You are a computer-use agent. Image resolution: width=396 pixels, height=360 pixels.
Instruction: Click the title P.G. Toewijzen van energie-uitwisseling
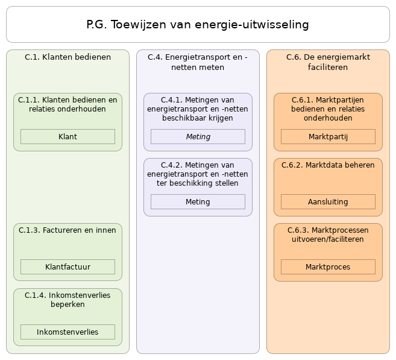tap(198, 25)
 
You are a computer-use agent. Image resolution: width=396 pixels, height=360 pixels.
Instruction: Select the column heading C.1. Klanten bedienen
tap(68, 57)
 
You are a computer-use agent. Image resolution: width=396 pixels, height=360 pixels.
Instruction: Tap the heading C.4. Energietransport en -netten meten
tap(198, 62)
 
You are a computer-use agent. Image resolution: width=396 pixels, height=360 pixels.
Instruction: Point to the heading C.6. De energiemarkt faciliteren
tap(328, 62)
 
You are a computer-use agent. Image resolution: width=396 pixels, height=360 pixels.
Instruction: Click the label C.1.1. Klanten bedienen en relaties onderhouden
tap(68, 104)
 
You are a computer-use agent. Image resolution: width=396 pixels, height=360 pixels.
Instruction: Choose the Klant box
tap(68, 137)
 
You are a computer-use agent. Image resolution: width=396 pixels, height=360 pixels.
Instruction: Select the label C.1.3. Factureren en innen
tap(68, 230)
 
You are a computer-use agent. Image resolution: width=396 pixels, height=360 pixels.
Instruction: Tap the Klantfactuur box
tap(68, 267)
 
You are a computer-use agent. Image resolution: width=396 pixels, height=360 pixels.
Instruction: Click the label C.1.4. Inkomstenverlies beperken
tap(68, 300)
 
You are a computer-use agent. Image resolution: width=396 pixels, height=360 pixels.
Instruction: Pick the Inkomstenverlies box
tap(68, 332)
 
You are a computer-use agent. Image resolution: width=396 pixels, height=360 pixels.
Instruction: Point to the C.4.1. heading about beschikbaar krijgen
tap(198, 109)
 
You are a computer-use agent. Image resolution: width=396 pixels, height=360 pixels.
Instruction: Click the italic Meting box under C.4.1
tap(198, 137)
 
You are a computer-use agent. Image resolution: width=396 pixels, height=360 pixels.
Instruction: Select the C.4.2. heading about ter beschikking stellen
tap(198, 174)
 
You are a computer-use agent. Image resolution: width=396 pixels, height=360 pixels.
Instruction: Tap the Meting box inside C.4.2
tap(198, 202)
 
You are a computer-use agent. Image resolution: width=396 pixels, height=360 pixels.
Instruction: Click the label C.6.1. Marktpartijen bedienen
tap(328, 109)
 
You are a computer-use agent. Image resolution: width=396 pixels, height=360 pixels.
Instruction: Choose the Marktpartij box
tap(328, 137)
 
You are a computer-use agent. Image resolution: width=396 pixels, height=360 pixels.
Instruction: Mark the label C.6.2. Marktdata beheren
tap(328, 165)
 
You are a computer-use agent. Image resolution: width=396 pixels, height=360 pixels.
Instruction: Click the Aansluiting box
tap(328, 202)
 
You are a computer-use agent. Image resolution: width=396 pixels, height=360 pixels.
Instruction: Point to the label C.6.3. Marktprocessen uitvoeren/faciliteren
tap(328, 235)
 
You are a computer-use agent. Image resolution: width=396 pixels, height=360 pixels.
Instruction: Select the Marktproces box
tap(328, 267)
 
